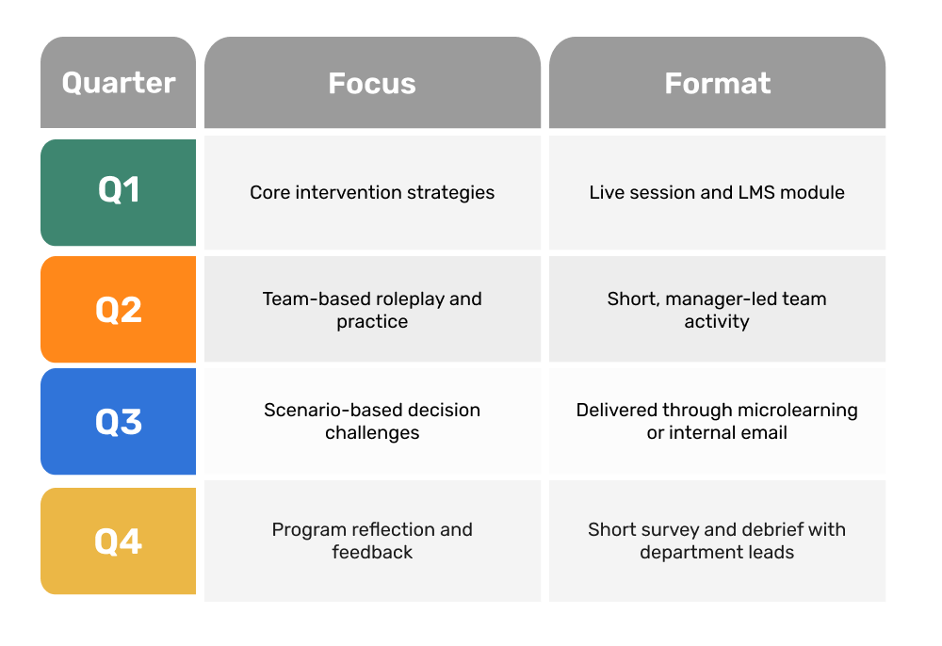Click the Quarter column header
pos(119,82)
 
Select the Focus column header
pos(372,82)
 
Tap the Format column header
pos(717,82)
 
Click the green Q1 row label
pos(119,193)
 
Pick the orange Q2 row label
pos(119,309)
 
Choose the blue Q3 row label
pos(119,422)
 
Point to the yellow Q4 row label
pos(119,541)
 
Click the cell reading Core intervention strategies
pos(372,193)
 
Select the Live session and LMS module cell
pos(717,193)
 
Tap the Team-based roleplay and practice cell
pos(372,309)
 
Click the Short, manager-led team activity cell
pos(717,309)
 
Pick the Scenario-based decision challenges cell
pos(372,422)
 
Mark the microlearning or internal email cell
pos(717,422)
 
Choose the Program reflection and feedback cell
pos(372,541)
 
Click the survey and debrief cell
pos(717,541)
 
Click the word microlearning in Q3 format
pos(798,411)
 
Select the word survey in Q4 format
pos(666,530)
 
